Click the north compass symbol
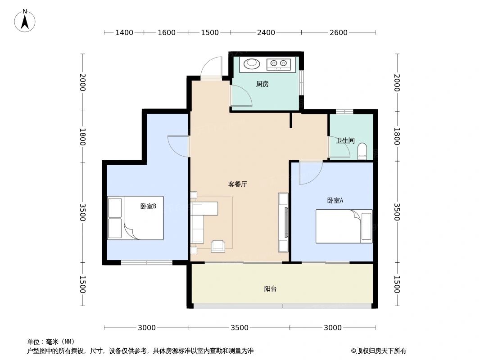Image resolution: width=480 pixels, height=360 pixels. click(25, 20)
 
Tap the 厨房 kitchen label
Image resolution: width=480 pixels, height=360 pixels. click(262, 84)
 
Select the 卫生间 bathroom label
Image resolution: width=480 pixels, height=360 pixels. click(345, 140)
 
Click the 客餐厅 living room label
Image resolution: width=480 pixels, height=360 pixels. click(237, 184)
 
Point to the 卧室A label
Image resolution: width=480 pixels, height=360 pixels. click(335, 201)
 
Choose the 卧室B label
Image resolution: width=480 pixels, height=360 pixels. click(148, 207)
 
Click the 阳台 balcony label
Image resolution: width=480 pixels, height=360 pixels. click(270, 289)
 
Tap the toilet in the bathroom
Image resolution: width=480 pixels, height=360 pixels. click(362, 152)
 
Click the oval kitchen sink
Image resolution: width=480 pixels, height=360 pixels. click(252, 64)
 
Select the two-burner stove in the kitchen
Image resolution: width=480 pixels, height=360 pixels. click(278, 64)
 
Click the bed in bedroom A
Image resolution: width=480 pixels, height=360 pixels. click(344, 226)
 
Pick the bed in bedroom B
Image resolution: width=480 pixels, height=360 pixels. click(135, 218)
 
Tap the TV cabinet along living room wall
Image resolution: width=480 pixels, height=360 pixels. click(283, 222)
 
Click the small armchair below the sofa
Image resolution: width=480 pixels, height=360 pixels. click(218, 246)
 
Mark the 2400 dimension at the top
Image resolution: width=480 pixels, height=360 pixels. click(266, 32)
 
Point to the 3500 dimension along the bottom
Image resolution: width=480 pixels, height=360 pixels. click(240, 328)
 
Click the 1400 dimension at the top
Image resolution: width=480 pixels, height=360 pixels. click(124, 32)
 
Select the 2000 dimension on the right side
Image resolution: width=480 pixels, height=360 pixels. click(397, 82)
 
